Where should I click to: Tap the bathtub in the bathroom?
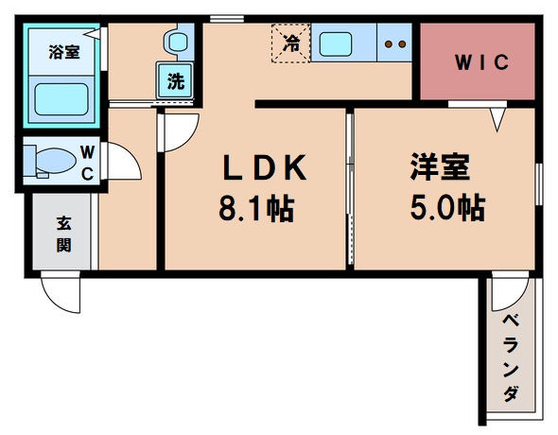(61, 98)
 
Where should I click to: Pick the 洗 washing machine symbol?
(176, 81)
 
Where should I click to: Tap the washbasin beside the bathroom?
(176, 42)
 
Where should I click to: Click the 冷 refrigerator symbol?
(292, 43)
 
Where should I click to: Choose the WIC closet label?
(470, 63)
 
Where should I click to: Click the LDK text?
(264, 169)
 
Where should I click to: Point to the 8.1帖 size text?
(256, 207)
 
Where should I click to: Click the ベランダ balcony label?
(511, 358)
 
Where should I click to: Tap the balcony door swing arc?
(510, 295)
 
